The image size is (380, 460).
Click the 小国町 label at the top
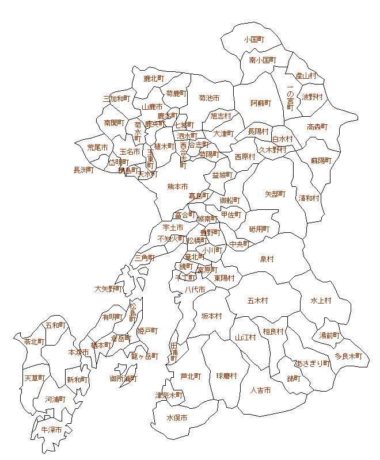(253, 40)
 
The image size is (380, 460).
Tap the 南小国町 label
(263, 60)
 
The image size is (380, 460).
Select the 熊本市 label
(177, 187)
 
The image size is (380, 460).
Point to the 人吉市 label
(261, 390)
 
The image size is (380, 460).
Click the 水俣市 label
(177, 418)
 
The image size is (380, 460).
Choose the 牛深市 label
(51, 430)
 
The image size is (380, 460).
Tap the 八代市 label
(195, 290)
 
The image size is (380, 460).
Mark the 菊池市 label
(209, 98)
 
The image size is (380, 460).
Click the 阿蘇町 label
(261, 103)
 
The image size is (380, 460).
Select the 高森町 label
(317, 126)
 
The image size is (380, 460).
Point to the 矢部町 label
(275, 194)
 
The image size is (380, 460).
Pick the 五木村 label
(258, 300)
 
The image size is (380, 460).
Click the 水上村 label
(321, 300)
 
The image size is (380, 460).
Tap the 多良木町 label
(348, 356)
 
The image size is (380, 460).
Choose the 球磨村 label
(226, 376)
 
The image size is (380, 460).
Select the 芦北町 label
(190, 377)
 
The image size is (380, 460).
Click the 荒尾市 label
(97, 148)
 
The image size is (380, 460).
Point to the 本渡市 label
(78, 352)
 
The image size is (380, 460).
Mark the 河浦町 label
(55, 399)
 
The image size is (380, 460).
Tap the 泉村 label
(267, 259)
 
